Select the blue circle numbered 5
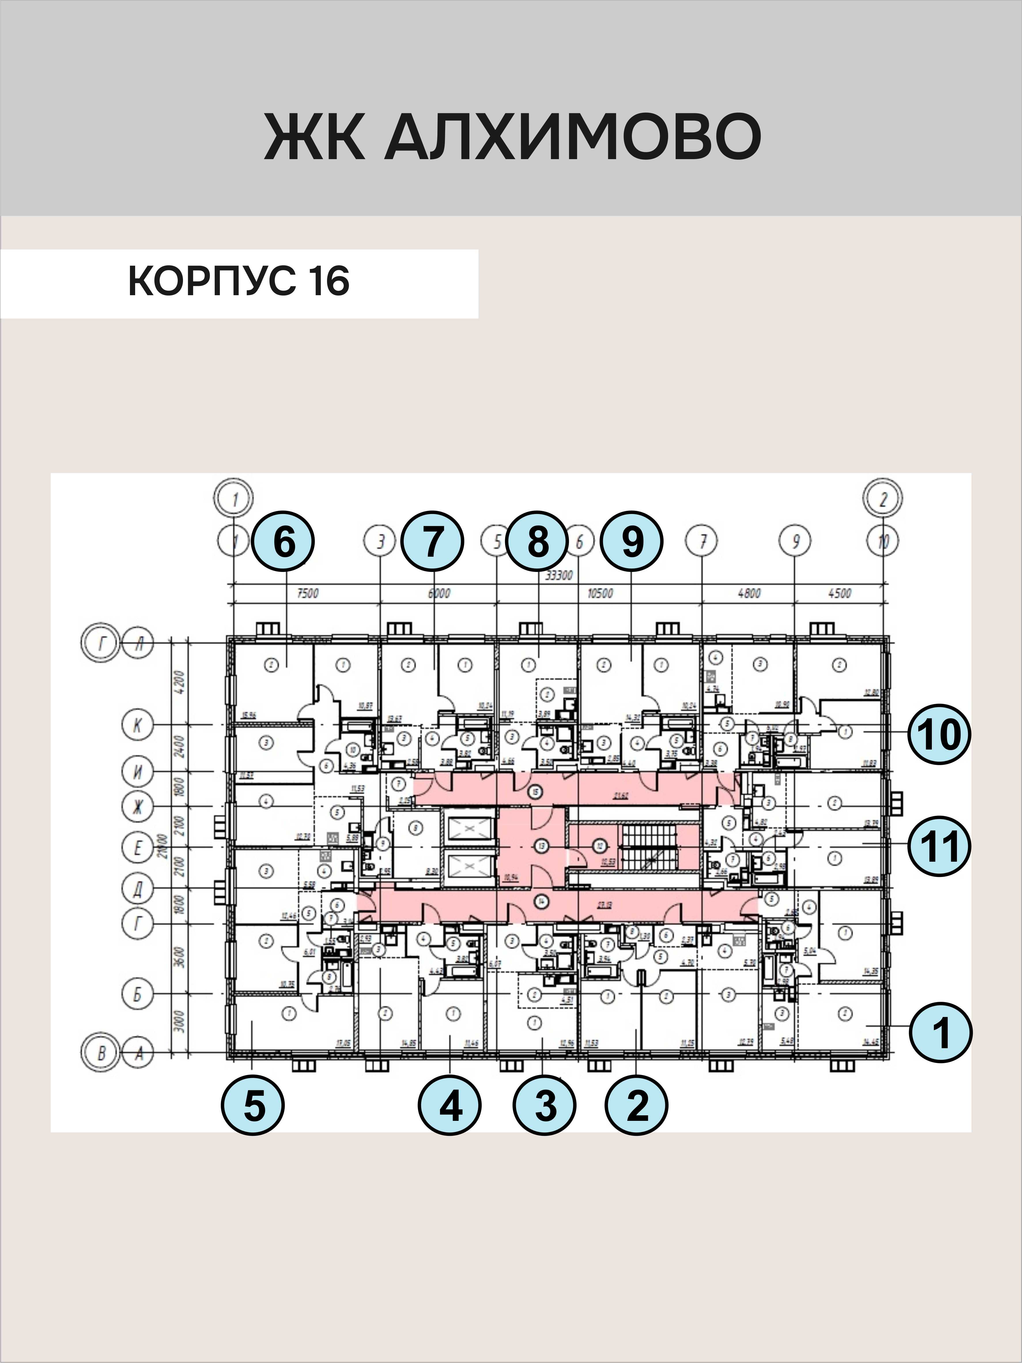pos(253,1106)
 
